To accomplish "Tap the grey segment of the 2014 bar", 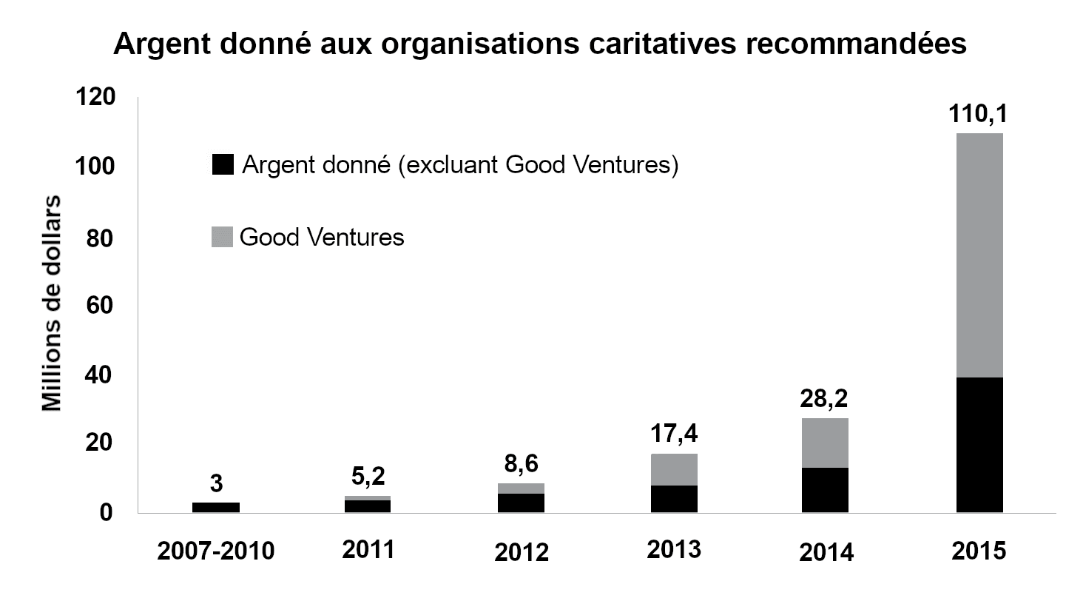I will (x=825, y=443).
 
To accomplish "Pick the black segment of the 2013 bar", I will (x=673, y=498).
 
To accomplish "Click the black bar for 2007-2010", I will (x=216, y=507).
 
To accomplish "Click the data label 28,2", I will (x=825, y=400).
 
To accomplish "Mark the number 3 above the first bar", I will (x=216, y=484).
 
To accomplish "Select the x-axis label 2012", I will (x=521, y=553).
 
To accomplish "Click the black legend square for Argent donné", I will (x=222, y=165).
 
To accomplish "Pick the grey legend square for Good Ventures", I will (x=222, y=237).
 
